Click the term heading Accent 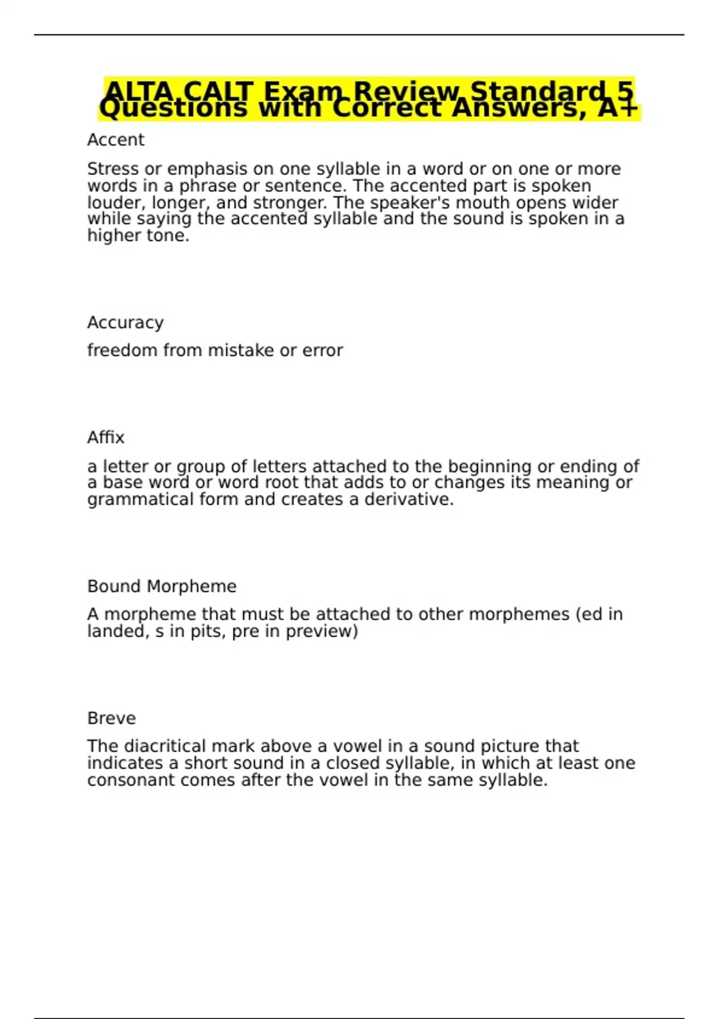pos(116,140)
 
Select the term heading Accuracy pos(125,322)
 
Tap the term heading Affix pos(105,438)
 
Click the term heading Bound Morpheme pos(162,586)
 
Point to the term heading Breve pos(111,718)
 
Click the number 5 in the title pos(625,92)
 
